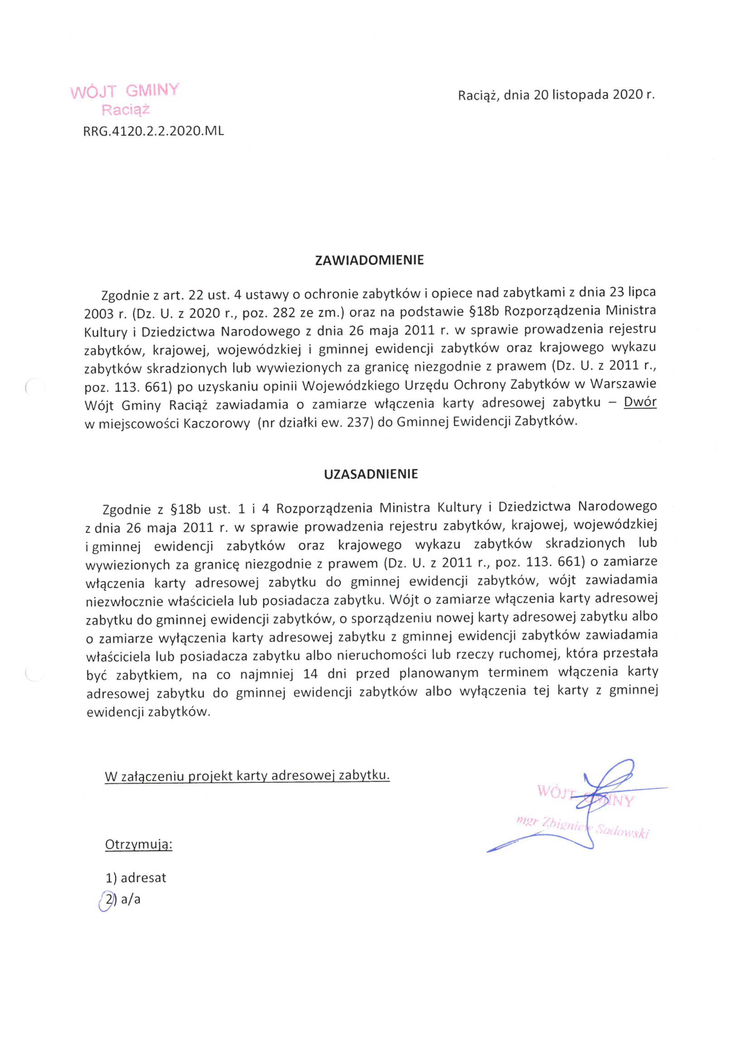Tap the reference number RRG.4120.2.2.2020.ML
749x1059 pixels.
coord(153,131)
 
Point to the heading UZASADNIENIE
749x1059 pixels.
coord(371,474)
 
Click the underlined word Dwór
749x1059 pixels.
coord(640,403)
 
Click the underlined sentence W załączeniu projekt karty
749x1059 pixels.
coord(247,776)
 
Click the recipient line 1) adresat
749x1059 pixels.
coord(136,878)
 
